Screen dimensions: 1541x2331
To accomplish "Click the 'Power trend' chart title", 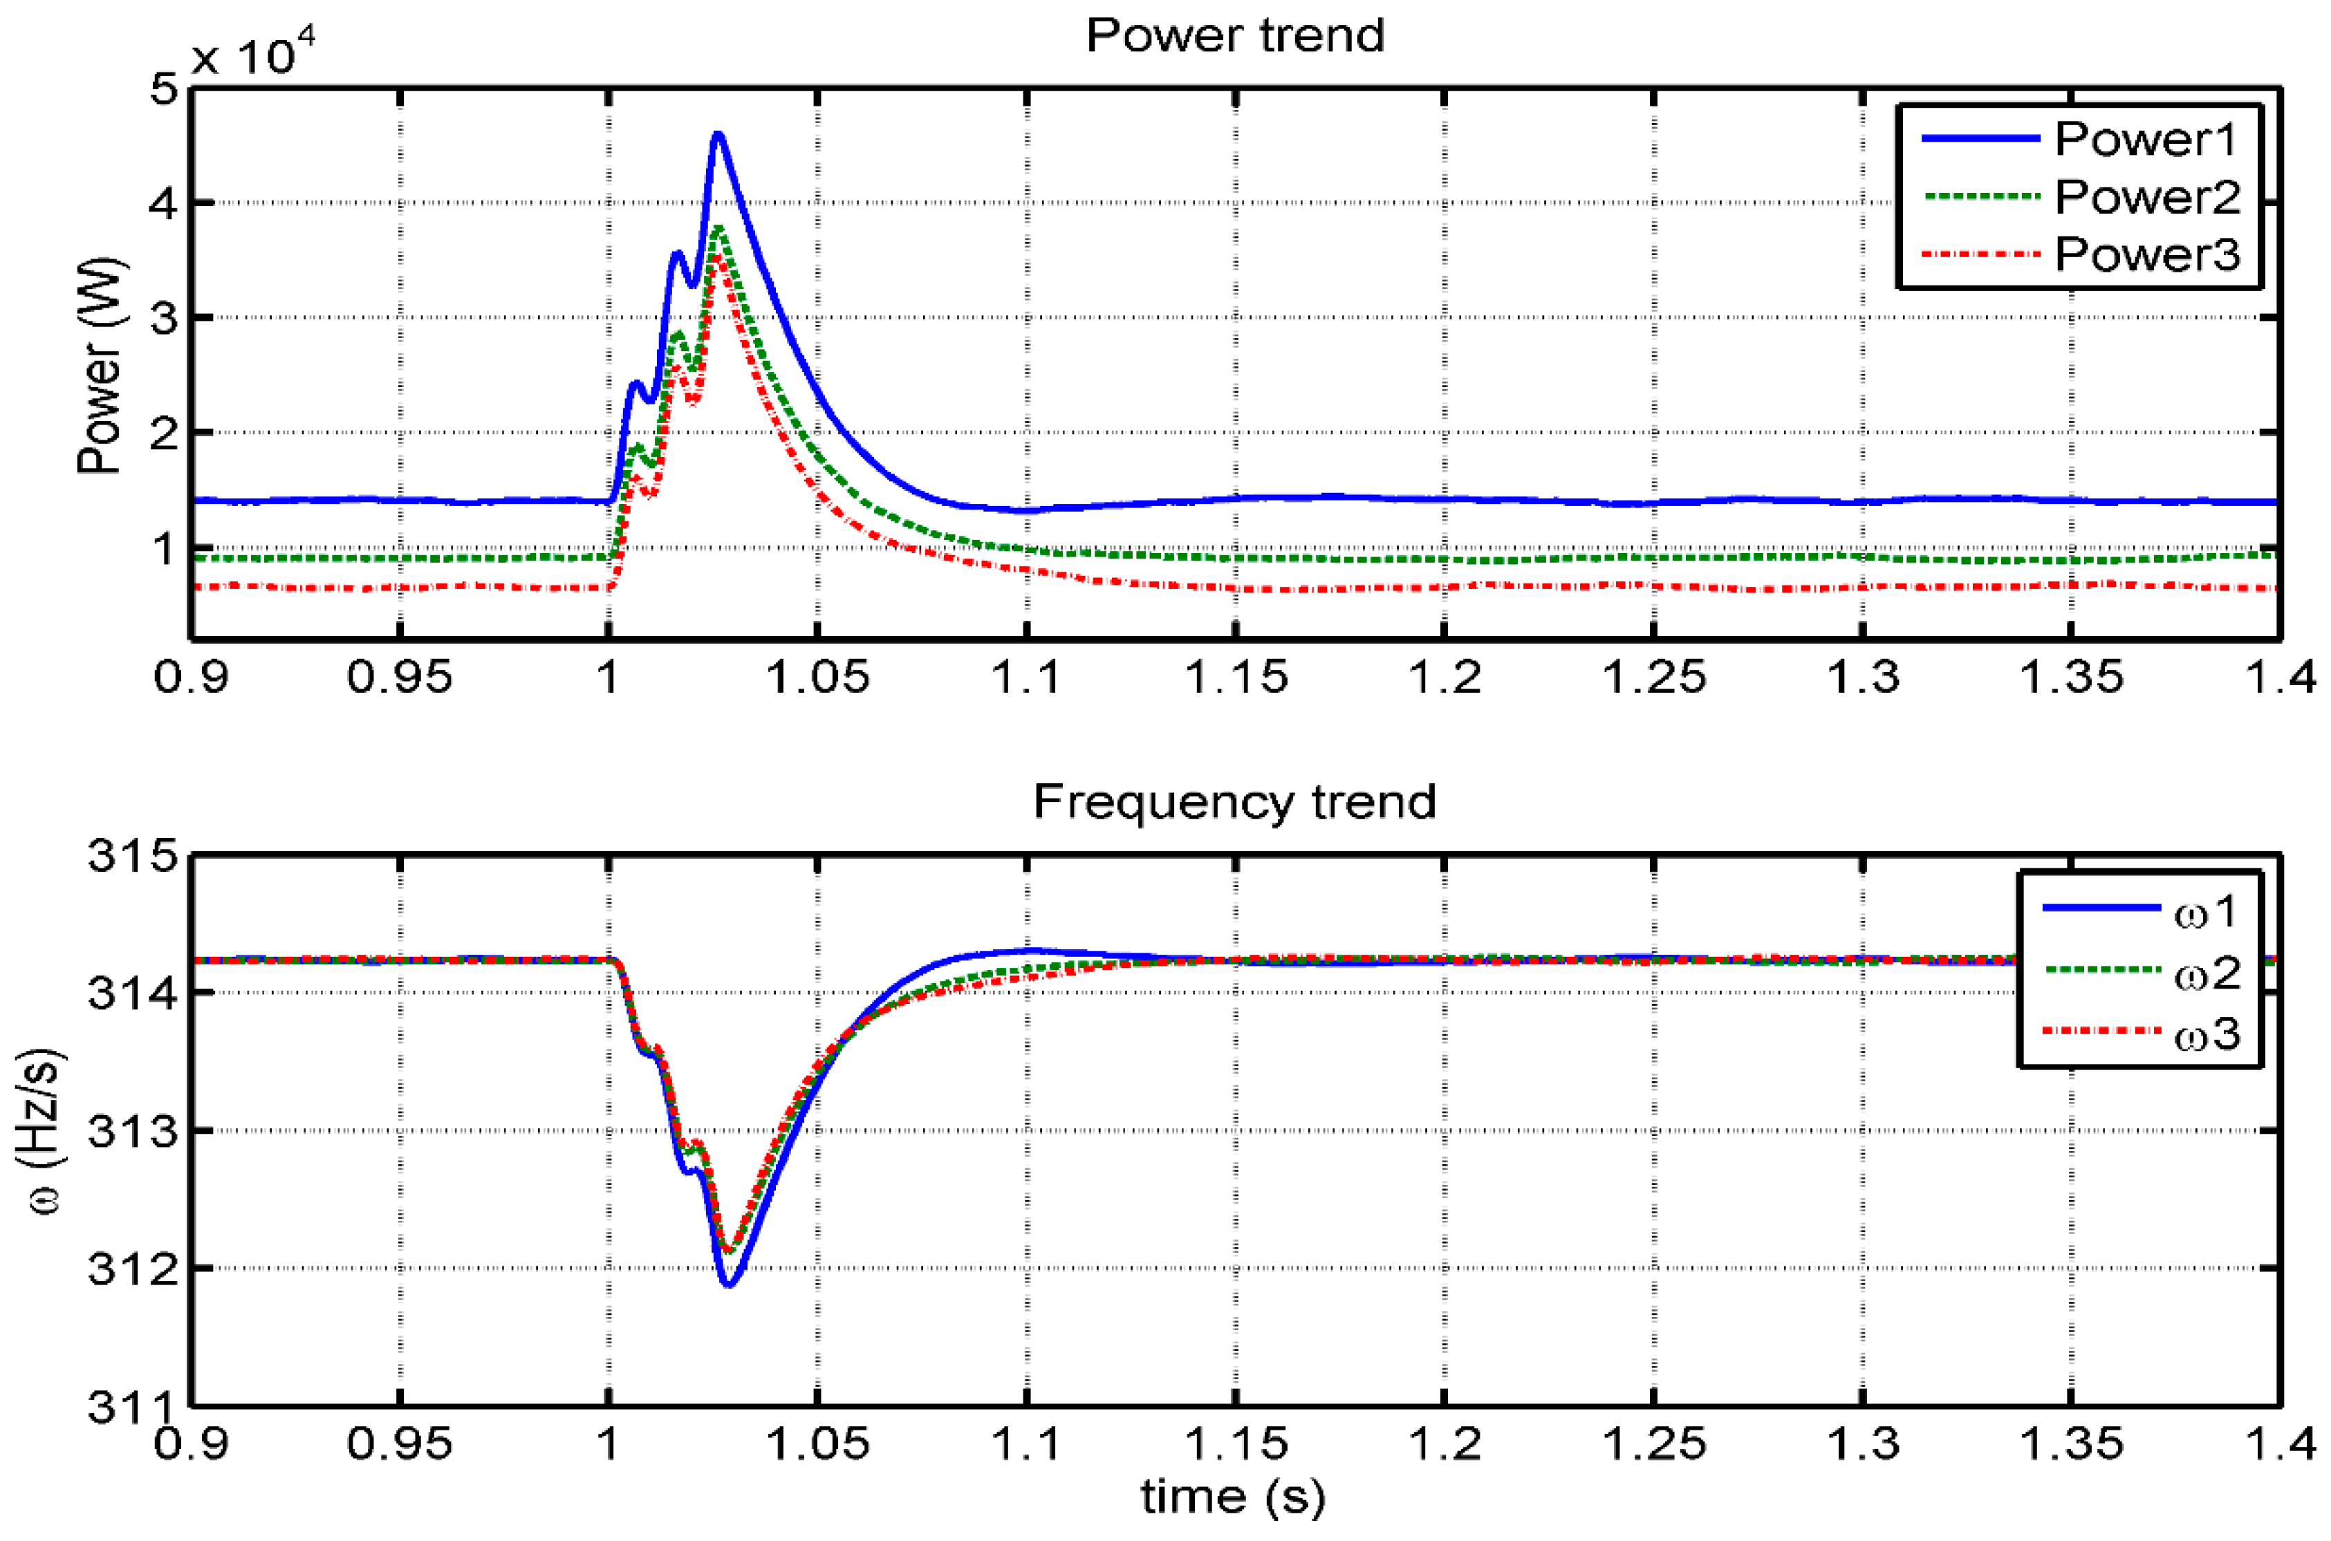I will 1234,37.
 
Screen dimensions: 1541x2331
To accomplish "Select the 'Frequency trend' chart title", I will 1234,802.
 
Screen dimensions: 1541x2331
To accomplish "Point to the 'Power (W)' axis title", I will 100,366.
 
